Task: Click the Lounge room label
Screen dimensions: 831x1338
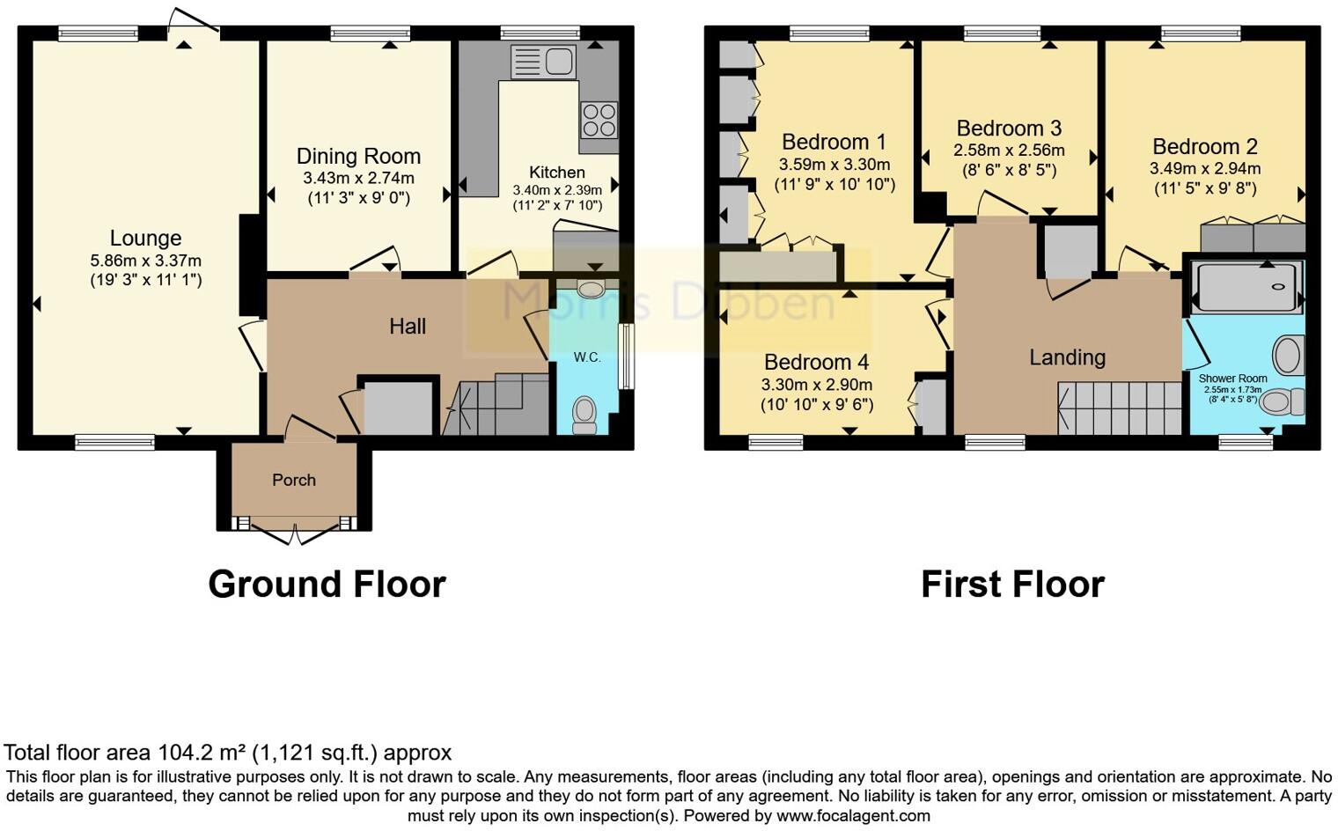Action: (x=145, y=239)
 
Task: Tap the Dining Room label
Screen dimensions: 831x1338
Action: (x=358, y=157)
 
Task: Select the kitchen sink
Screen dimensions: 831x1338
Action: (x=543, y=63)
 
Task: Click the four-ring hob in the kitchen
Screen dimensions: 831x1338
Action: (x=599, y=120)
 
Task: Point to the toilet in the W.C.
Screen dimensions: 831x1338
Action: (x=584, y=414)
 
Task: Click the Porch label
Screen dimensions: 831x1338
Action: (x=293, y=480)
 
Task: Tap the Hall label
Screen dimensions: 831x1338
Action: (x=408, y=327)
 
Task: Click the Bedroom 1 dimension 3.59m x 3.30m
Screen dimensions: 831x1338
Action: (x=834, y=165)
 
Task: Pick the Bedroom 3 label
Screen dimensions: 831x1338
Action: (x=1009, y=129)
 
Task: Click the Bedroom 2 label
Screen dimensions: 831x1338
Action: (x=1204, y=146)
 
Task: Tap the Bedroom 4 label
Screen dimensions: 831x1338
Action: (x=816, y=362)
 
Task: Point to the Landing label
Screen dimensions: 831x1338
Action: (x=1067, y=357)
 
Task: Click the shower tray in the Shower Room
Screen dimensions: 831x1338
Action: (x=1245, y=287)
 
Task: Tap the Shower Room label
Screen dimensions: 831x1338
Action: (x=1232, y=379)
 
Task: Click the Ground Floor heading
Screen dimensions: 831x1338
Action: (x=327, y=585)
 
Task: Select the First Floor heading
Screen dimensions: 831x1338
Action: (x=1012, y=585)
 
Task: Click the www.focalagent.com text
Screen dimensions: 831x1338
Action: (x=853, y=816)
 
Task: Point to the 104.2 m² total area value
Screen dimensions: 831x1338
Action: (x=202, y=753)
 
